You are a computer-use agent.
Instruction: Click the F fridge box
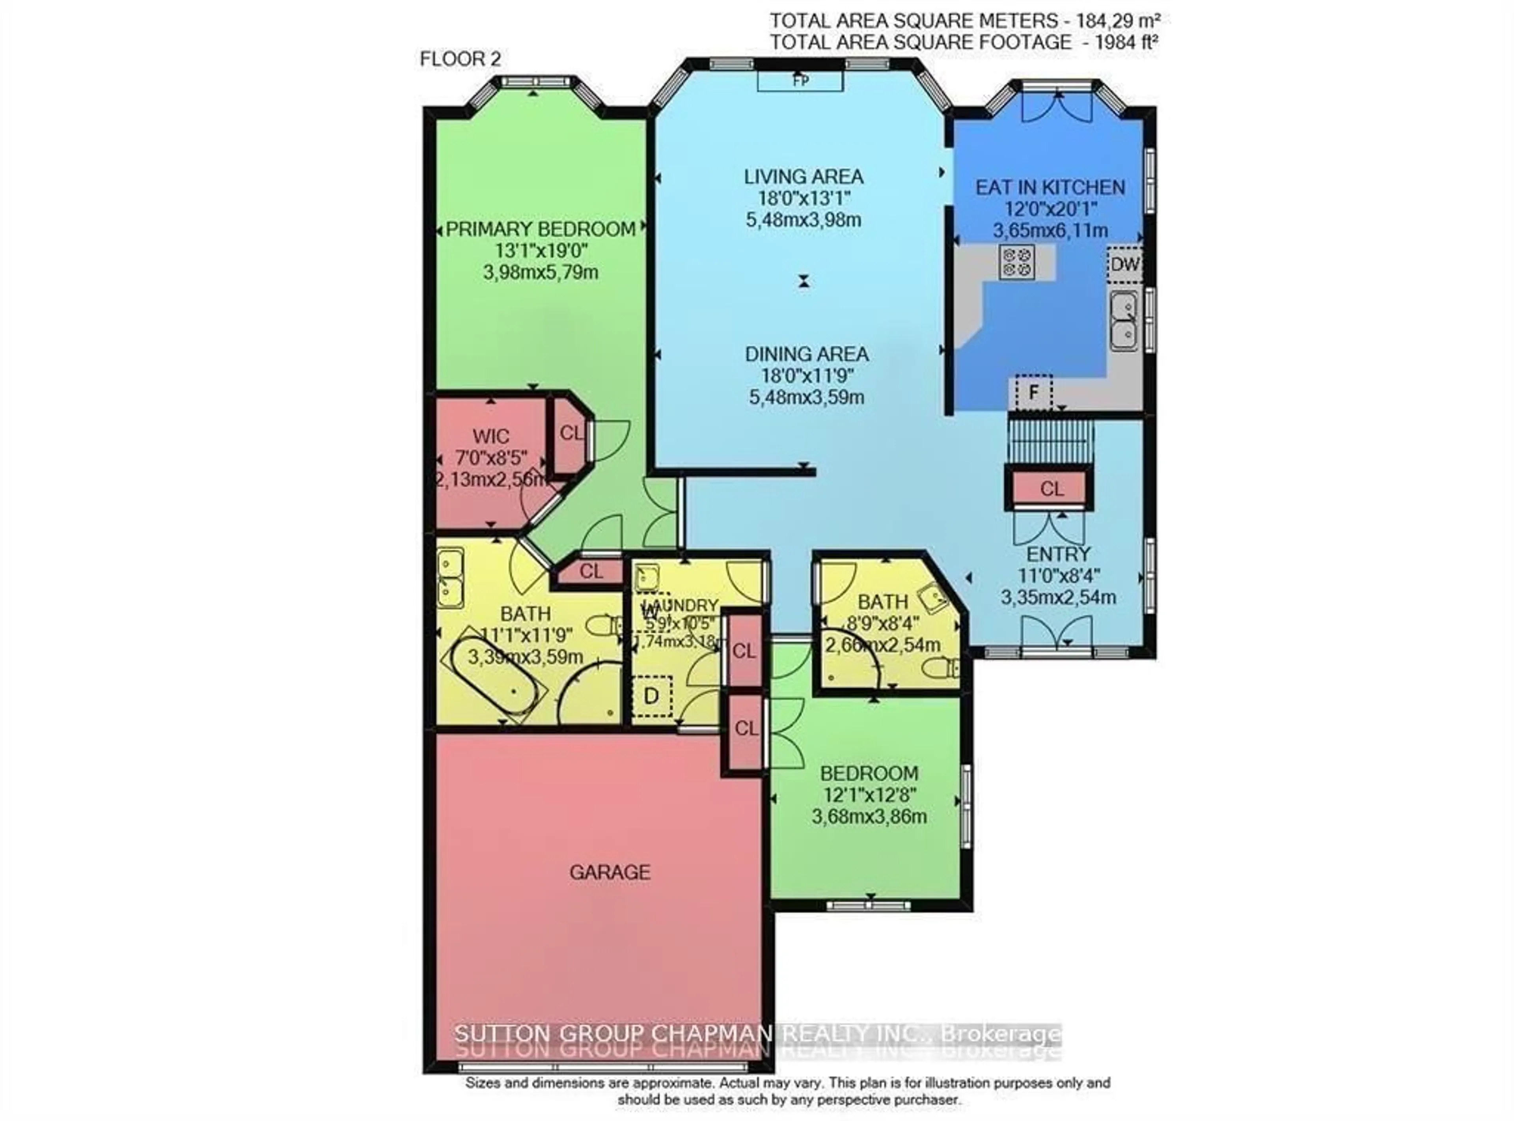click(x=1033, y=392)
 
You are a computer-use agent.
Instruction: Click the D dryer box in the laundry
click(x=651, y=696)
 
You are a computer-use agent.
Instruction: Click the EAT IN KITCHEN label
click(x=1050, y=187)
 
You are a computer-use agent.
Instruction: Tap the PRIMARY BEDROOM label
click(x=541, y=229)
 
